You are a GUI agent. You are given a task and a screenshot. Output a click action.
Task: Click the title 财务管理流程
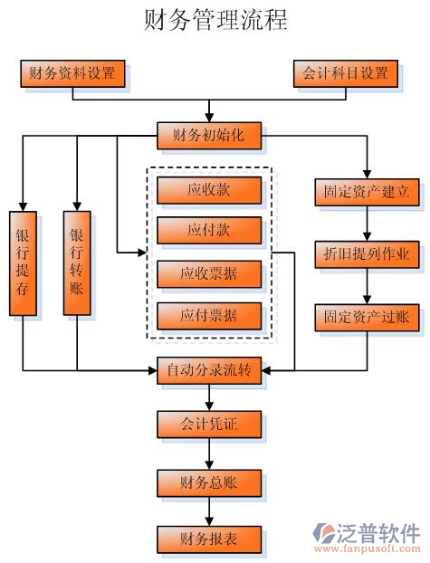click(215, 20)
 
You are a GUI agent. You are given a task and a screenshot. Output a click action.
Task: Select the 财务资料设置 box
click(72, 73)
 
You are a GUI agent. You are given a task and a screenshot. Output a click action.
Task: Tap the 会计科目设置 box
click(345, 73)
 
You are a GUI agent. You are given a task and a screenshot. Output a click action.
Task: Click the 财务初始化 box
click(209, 136)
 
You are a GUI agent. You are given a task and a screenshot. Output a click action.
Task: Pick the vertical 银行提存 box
click(23, 262)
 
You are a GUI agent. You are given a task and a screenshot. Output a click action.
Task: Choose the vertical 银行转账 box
click(77, 262)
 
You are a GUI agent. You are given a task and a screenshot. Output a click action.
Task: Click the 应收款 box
click(209, 190)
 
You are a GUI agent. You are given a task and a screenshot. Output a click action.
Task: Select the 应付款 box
click(209, 230)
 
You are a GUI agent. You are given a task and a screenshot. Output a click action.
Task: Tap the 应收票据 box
click(209, 272)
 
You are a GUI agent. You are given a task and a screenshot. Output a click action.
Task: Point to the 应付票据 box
click(209, 315)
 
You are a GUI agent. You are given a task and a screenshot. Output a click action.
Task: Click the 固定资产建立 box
click(367, 192)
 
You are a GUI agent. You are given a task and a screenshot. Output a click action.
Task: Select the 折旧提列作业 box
click(367, 254)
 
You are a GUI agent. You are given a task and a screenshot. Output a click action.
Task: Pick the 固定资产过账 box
click(367, 317)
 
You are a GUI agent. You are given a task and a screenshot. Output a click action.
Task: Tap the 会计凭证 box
click(209, 423)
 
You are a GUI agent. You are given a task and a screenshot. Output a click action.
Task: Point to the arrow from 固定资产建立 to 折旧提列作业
click(367, 224)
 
